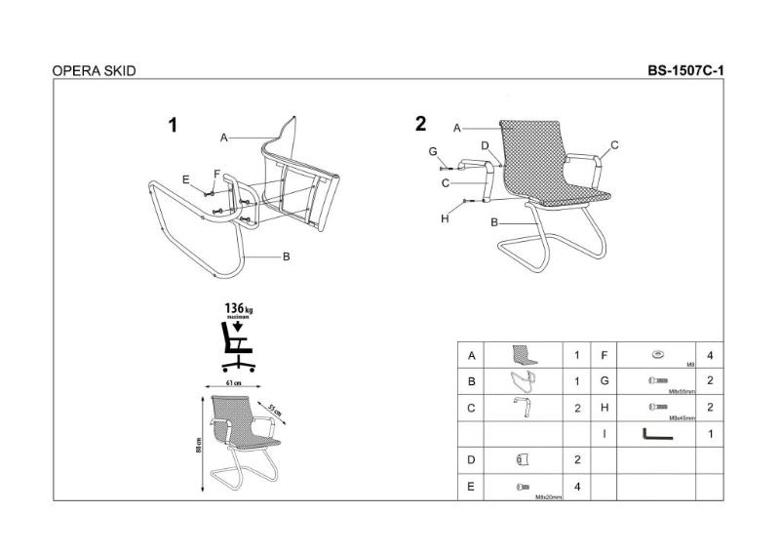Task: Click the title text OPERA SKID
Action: coord(93,71)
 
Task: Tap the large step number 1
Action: coord(174,125)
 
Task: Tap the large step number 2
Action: coord(421,124)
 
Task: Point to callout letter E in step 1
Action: coord(185,178)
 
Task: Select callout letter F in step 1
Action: coord(217,174)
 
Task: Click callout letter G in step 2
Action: coord(432,152)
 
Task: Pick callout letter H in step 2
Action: coord(445,218)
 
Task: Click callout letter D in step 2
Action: coord(485,145)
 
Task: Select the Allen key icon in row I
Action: coord(655,433)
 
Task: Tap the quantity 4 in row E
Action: coord(577,486)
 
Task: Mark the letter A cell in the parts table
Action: coord(472,356)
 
